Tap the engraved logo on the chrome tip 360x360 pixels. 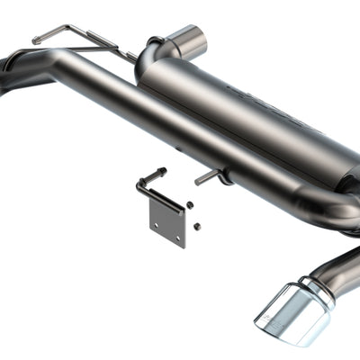coord(270,316)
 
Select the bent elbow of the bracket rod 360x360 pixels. coord(140,185)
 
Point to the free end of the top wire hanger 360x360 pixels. coord(36,40)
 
